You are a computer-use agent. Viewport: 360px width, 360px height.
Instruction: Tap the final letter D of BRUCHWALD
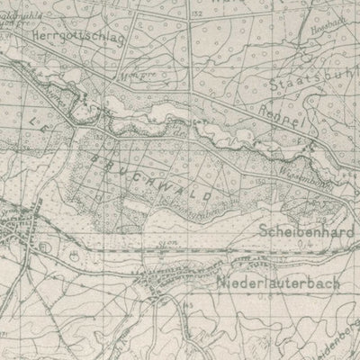pos(209,195)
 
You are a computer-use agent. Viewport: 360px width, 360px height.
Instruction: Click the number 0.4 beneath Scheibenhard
pos(314,242)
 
